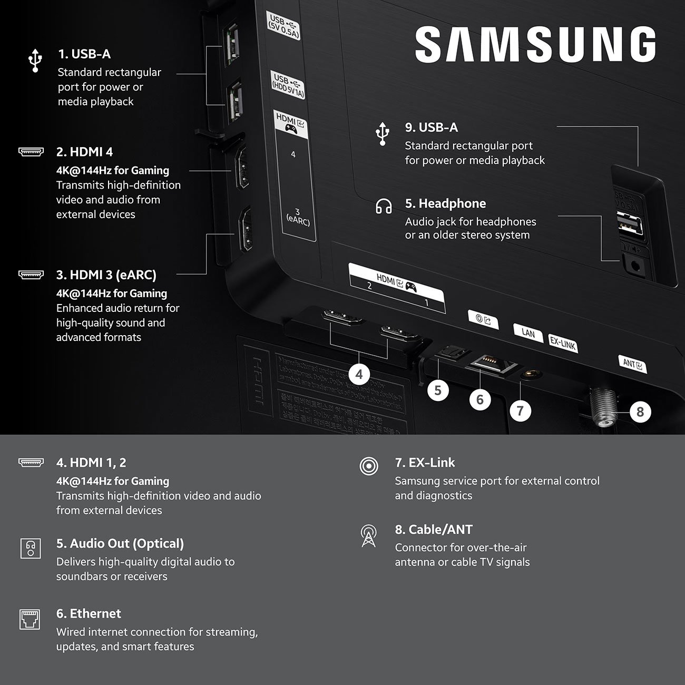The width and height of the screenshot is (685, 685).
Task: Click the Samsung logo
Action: (x=535, y=45)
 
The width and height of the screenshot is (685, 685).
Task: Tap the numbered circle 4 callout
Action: (x=359, y=375)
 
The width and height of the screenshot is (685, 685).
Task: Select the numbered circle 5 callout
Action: (x=438, y=390)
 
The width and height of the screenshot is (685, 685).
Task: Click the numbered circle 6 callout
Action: (x=479, y=399)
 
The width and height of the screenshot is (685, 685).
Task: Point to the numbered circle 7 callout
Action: (x=520, y=410)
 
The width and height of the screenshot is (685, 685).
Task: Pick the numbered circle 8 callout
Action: (x=640, y=412)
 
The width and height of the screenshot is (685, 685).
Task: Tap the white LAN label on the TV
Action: (x=528, y=333)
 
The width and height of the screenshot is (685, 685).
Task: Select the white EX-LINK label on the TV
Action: (x=562, y=343)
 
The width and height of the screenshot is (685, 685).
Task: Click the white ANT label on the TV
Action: (x=632, y=364)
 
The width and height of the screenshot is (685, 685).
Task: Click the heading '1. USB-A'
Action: (x=84, y=54)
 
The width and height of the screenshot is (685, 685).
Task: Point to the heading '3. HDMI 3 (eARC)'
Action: (x=106, y=275)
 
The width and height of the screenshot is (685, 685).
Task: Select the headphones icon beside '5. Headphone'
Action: (x=384, y=206)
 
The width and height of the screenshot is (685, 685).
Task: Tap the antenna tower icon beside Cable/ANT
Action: (x=368, y=536)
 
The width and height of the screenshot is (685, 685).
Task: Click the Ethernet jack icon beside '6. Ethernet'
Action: (x=30, y=619)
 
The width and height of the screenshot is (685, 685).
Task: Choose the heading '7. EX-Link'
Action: (x=425, y=463)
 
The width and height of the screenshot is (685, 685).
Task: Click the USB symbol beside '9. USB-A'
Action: (x=383, y=134)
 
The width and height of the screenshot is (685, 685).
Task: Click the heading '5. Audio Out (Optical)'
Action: (x=120, y=543)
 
